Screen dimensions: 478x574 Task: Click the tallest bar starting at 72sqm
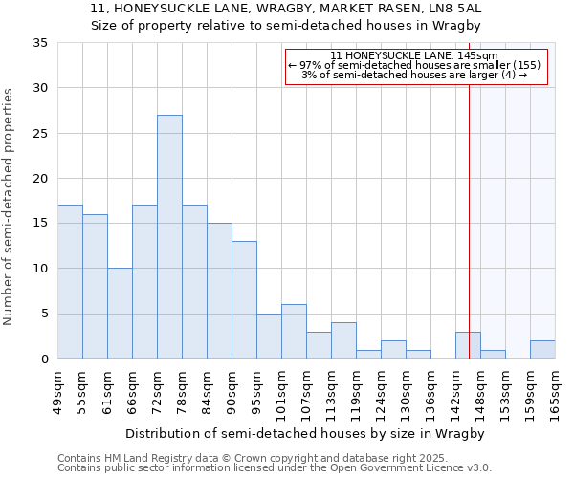point(169,237)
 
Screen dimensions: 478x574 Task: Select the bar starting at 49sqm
point(70,282)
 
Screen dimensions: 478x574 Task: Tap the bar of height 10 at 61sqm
point(120,314)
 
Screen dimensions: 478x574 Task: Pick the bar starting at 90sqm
point(244,300)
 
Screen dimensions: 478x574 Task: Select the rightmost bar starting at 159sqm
point(542,350)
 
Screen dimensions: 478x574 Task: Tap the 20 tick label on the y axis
point(40,179)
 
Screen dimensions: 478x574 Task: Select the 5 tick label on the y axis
point(44,315)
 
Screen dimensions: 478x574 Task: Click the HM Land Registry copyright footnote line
point(259,458)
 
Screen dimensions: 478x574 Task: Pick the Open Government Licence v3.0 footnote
point(275,467)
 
